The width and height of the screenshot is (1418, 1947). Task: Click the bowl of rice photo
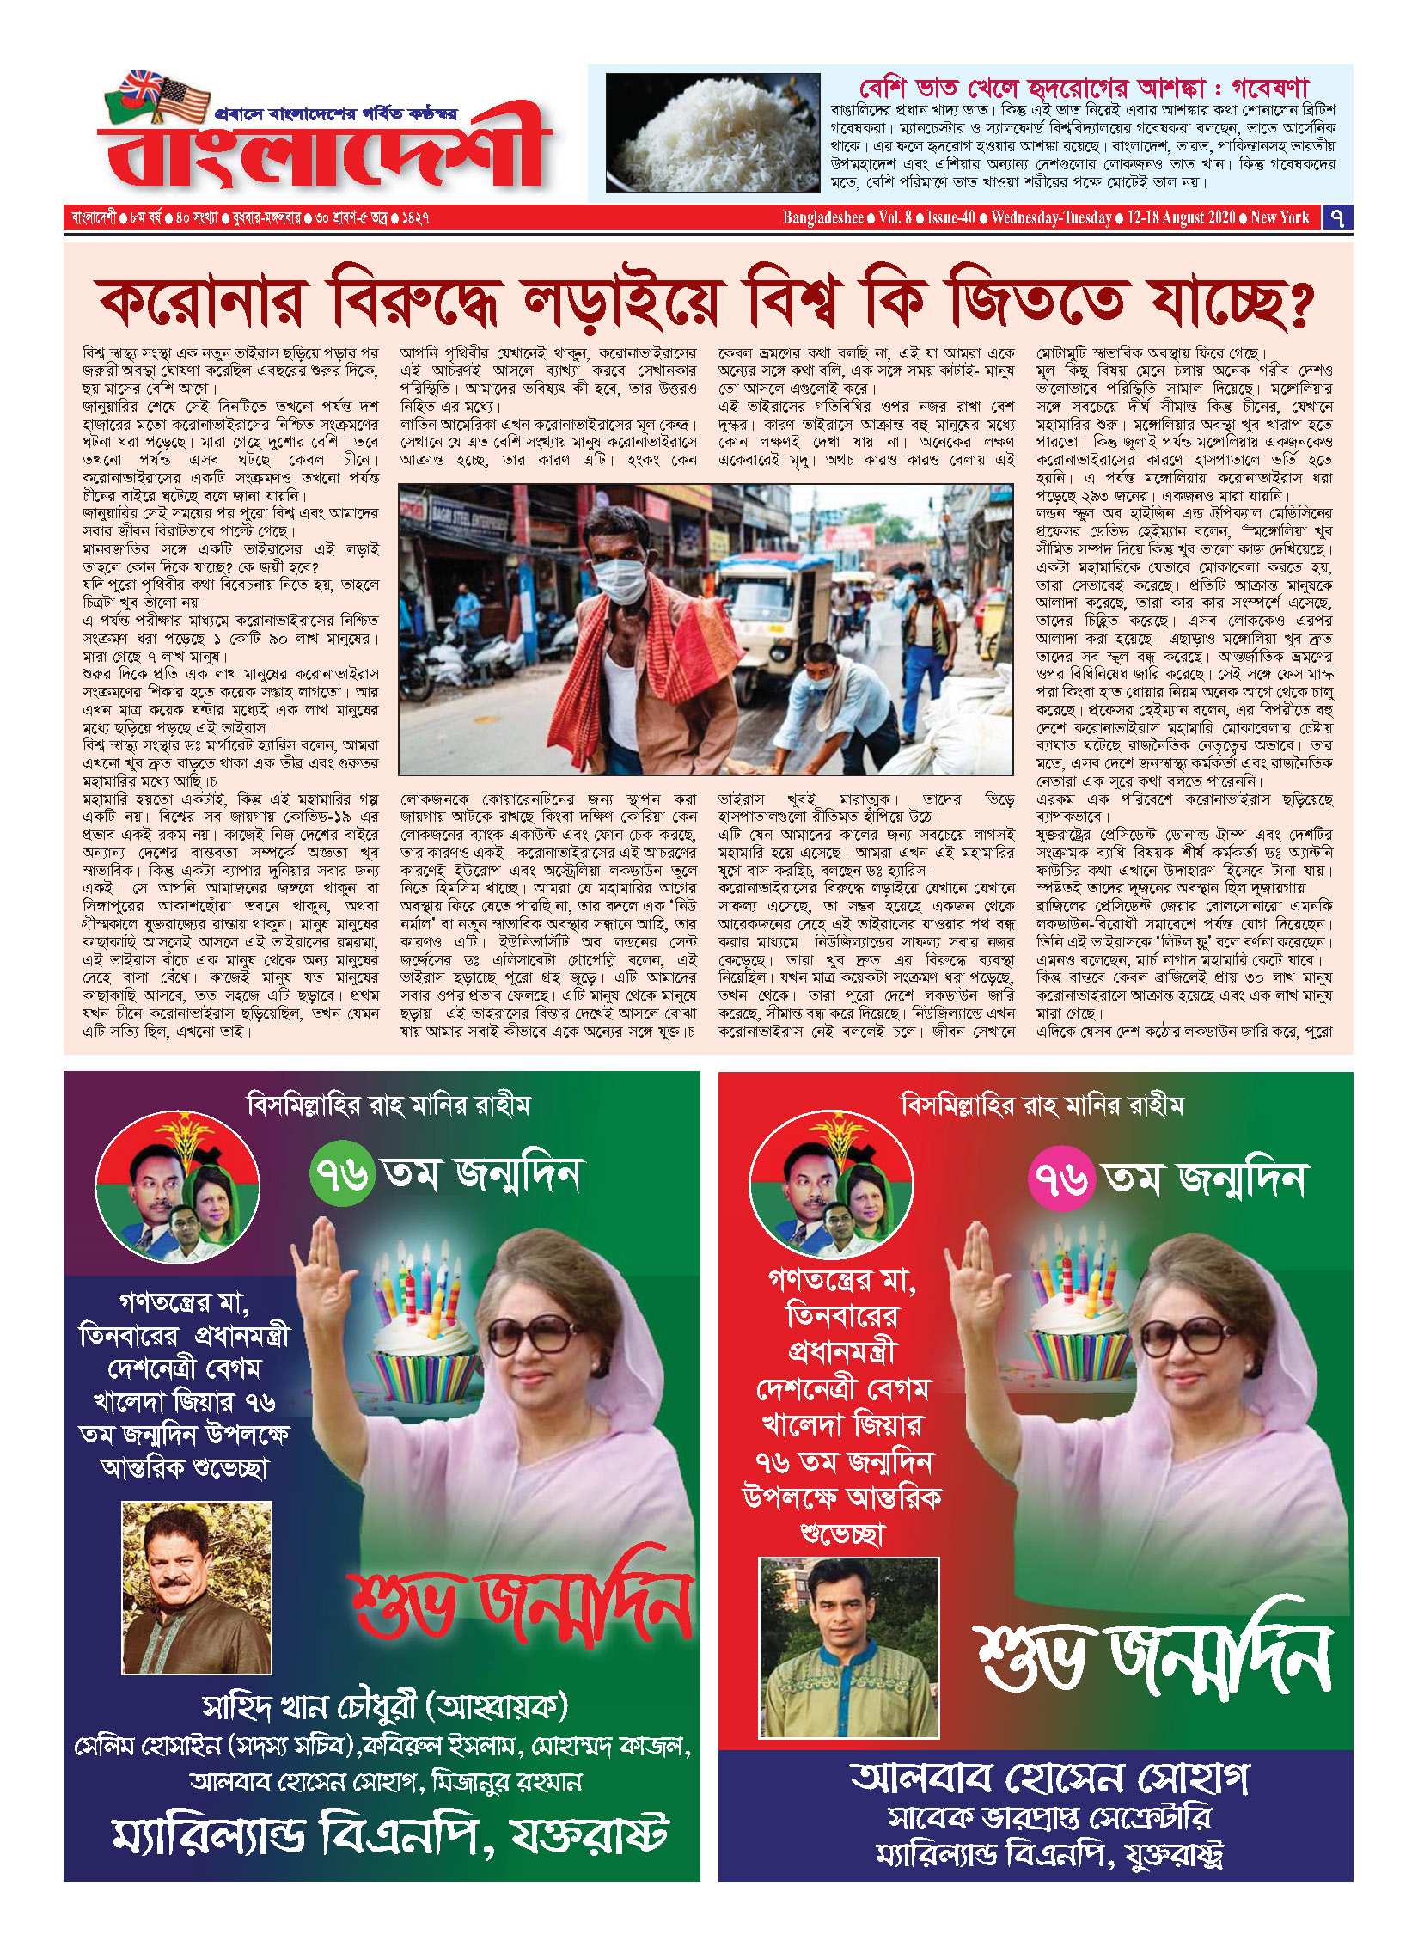[x=712, y=132]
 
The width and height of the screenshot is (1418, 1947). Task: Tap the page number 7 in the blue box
[x=1337, y=217]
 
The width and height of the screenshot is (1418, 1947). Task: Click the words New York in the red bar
[x=1280, y=217]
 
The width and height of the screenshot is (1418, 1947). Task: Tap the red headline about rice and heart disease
[x=1083, y=87]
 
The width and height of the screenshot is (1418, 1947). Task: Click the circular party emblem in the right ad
[x=831, y=1185]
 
